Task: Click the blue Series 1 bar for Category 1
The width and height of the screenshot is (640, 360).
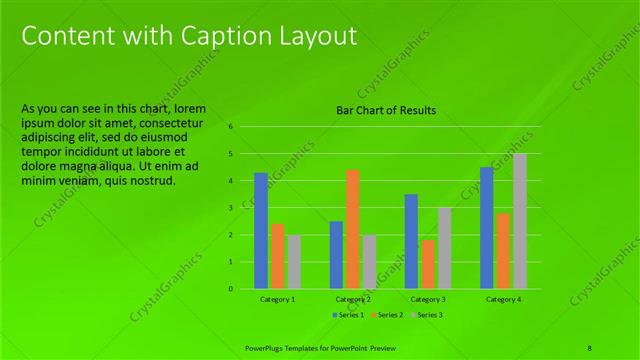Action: tap(261, 231)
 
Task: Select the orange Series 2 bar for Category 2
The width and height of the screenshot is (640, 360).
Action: tap(352, 229)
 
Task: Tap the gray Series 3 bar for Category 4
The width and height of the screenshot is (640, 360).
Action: tap(519, 221)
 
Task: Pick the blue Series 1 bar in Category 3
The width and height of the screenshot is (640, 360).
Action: tap(411, 241)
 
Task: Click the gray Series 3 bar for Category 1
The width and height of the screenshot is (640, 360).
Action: tap(294, 262)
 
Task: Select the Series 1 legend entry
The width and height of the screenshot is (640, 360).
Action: tap(349, 315)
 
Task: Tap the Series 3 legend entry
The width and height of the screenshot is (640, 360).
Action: tap(427, 315)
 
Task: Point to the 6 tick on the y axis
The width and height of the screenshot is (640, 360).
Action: tap(230, 127)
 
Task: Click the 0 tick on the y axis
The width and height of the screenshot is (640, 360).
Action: tap(230, 289)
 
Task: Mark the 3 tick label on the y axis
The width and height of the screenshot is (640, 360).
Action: tap(230, 208)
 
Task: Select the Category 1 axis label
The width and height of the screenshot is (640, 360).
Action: tap(277, 299)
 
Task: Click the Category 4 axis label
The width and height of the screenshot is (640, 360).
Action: tap(503, 299)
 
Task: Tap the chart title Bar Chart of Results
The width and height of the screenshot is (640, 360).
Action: tap(386, 110)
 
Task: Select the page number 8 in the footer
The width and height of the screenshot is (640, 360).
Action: tap(590, 347)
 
